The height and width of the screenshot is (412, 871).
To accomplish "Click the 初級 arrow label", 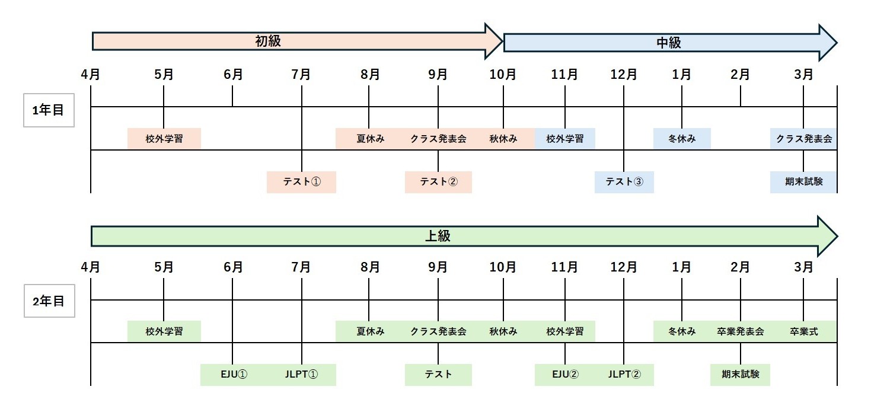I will (267, 41).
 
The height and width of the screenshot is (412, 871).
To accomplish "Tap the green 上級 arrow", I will (438, 236).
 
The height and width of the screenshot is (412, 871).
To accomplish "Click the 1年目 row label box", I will (49, 110).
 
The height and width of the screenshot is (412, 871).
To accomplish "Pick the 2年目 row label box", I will (49, 301).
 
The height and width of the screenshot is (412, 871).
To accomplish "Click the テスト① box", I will (301, 182).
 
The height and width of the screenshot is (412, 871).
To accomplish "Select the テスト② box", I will (438, 182).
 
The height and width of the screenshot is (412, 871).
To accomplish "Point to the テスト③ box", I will (624, 182).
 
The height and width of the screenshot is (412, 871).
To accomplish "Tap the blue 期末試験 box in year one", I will (803, 182).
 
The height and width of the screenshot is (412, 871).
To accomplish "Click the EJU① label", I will (232, 375).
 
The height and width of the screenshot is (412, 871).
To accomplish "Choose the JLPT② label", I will (624, 375).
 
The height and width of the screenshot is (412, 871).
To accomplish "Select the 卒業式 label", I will (803, 331).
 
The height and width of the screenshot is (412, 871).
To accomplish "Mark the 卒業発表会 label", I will (740, 331).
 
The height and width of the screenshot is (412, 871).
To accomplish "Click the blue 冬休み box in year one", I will (682, 139).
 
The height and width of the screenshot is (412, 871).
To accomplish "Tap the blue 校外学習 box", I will (564, 139).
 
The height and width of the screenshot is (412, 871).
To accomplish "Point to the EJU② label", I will (564, 375).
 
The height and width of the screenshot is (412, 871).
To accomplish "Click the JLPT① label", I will (301, 375).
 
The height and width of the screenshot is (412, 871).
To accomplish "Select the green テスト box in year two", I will (438, 375).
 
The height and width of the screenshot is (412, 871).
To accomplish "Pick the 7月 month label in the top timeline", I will (301, 75).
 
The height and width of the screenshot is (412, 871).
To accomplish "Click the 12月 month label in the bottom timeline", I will (624, 267).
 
